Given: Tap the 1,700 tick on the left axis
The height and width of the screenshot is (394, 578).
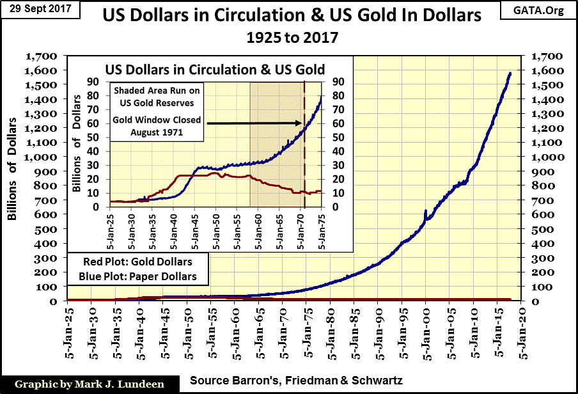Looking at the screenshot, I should (x=39, y=56).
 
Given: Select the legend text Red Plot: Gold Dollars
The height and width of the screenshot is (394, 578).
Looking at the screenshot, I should (x=137, y=262).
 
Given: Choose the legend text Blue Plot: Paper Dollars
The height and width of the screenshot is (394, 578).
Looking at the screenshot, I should (x=137, y=276).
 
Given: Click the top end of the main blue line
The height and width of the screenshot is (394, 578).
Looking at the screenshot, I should (x=510, y=73).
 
